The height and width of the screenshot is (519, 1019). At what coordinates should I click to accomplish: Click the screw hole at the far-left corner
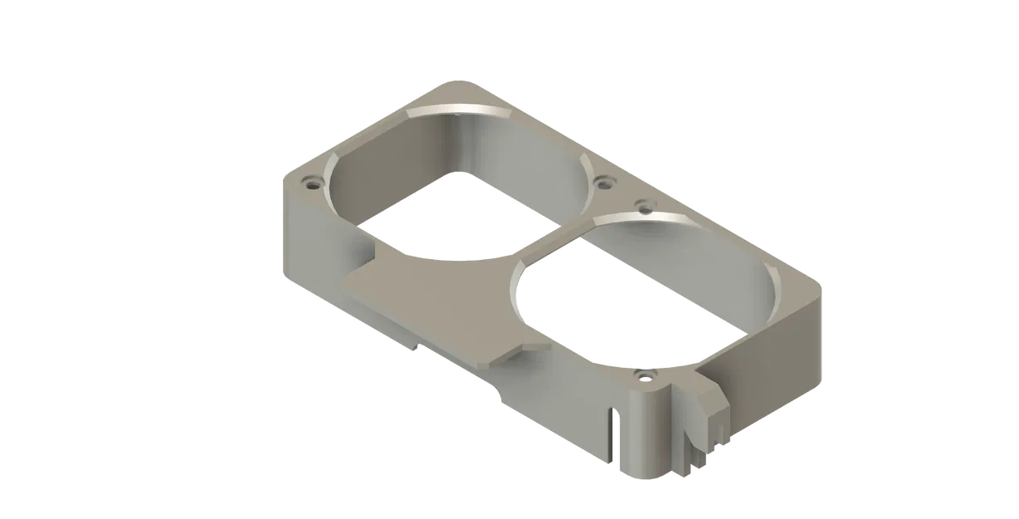[x=312, y=181]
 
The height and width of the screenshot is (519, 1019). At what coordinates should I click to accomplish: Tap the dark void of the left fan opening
[x=448, y=216]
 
